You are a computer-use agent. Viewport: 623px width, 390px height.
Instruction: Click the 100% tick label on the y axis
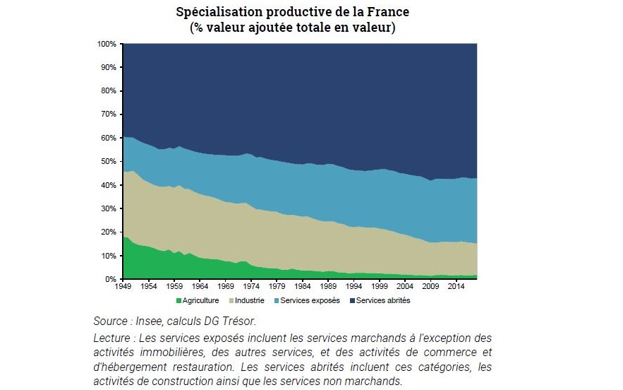tap(106, 44)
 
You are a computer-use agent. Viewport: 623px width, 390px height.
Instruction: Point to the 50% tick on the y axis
tap(108, 162)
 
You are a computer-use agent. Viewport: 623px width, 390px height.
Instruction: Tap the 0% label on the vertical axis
tap(111, 279)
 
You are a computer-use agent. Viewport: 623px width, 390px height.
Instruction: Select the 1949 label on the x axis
tap(123, 288)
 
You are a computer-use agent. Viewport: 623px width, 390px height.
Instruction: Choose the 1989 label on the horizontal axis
tap(329, 288)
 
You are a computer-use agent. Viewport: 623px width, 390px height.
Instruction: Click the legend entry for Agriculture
tap(200, 300)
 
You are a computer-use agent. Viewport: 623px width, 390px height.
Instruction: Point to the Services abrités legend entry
tap(383, 300)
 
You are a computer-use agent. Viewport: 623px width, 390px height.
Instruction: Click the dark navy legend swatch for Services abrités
tap(352, 300)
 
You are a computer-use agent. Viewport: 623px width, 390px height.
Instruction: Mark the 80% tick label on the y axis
tap(108, 91)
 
